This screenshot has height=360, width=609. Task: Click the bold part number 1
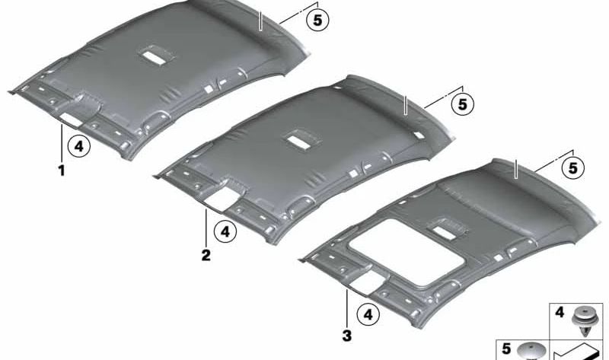[62, 170]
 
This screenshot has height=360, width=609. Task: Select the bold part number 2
[206, 255]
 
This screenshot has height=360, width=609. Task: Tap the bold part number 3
[347, 336]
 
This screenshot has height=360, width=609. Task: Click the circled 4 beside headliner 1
[79, 146]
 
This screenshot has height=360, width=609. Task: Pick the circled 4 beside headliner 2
[225, 232]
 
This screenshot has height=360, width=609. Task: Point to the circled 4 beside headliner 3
[368, 314]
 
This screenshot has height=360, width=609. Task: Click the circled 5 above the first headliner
[317, 21]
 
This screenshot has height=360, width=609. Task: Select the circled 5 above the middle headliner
[463, 104]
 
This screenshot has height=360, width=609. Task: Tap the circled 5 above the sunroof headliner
[573, 167]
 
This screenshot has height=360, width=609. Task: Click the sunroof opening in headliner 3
[407, 253]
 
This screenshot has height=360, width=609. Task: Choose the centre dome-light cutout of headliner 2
[301, 140]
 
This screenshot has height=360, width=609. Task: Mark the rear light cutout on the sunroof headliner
[446, 232]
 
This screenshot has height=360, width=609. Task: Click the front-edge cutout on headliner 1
[72, 119]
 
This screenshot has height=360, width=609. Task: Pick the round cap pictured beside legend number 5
[531, 352]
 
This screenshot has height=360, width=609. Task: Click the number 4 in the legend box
[560, 313]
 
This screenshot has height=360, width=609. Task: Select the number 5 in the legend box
[506, 349]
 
